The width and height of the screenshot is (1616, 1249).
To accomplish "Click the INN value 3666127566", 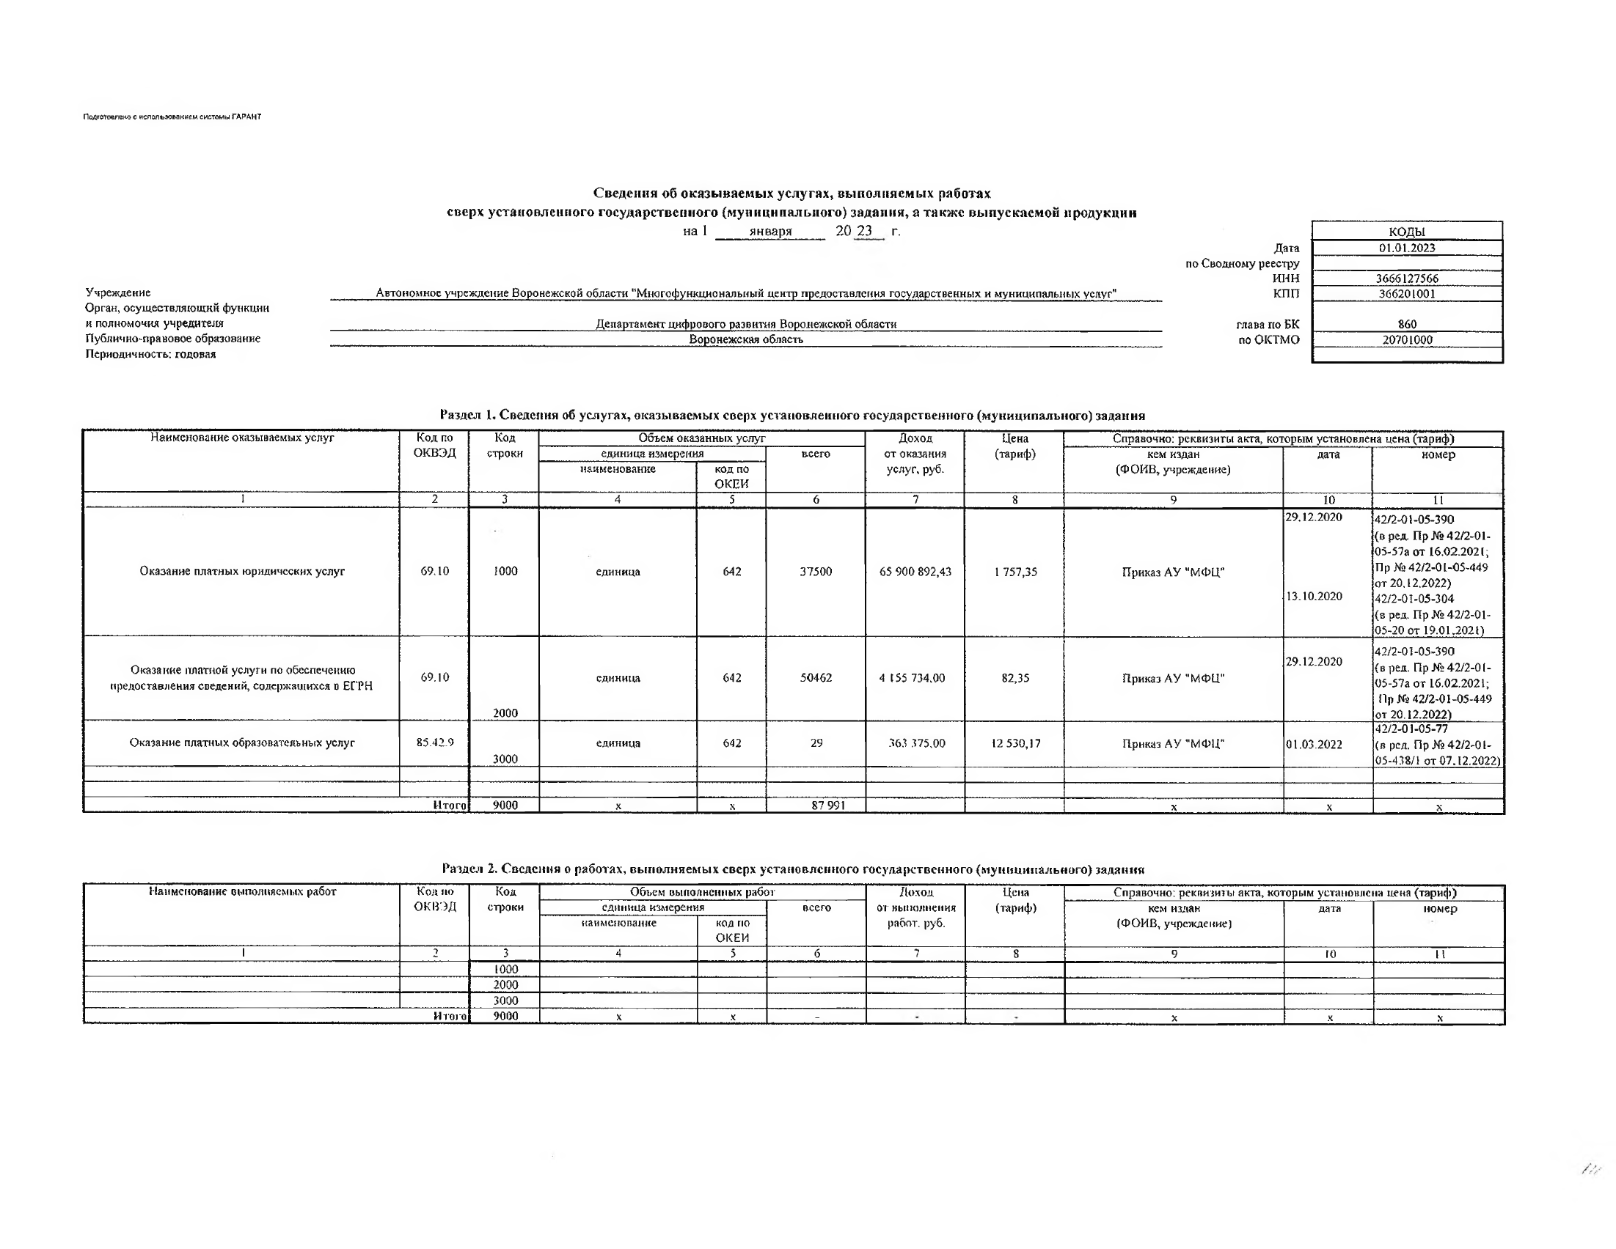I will (x=1406, y=279).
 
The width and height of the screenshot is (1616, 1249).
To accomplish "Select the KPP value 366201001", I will (x=1406, y=294).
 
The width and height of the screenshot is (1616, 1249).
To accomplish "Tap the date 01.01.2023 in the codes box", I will (x=1406, y=248).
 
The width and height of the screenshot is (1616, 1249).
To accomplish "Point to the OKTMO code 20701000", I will (x=1406, y=340).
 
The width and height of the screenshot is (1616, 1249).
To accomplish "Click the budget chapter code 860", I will (x=1407, y=324).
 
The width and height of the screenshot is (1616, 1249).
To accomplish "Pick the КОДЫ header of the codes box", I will (x=1407, y=232).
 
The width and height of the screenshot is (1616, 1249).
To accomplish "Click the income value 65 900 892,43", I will (x=915, y=572).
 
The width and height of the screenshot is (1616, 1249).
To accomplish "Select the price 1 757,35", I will (x=1014, y=572).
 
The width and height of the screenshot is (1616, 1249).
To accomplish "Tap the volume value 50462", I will (x=816, y=677).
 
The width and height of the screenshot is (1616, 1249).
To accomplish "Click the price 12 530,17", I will (x=1015, y=743).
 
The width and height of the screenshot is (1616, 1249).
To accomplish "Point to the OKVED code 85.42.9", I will (x=434, y=743).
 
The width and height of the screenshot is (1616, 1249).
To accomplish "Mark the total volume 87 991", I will (x=827, y=806).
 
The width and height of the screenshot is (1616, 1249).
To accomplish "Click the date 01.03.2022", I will (x=1313, y=744).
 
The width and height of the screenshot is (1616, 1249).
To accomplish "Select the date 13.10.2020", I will (x=1313, y=596).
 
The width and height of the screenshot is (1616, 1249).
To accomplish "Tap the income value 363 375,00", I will (x=916, y=743).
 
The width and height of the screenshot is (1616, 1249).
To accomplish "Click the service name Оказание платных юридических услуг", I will (x=242, y=571).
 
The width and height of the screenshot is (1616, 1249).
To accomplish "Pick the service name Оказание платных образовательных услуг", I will (x=242, y=743).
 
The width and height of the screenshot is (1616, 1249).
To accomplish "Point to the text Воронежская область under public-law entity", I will (x=745, y=339).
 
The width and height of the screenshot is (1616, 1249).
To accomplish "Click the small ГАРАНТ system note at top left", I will (x=172, y=117).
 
